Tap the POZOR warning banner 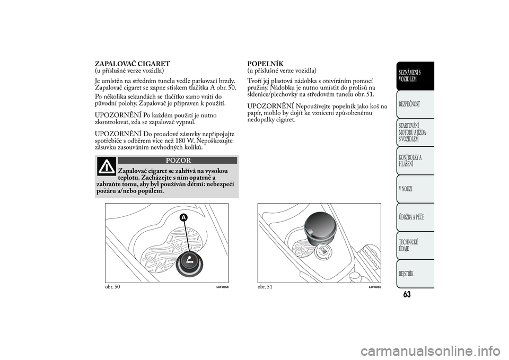[177, 160]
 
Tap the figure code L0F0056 [374, 287]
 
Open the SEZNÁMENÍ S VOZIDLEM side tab [414, 75]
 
